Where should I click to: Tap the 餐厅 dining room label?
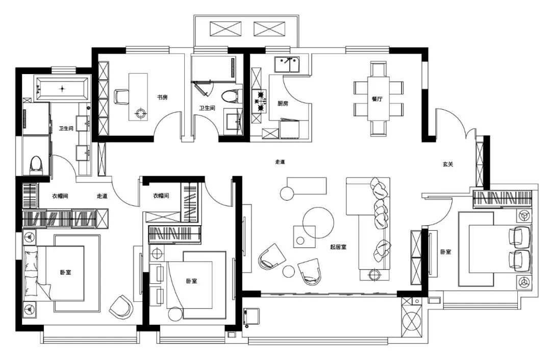(377, 100)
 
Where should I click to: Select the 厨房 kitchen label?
(283, 103)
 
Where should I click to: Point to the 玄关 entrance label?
(448, 164)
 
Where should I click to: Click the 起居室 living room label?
(338, 247)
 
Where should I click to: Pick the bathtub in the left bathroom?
(62, 88)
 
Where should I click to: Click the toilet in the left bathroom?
(36, 163)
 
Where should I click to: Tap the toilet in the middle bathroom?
(231, 95)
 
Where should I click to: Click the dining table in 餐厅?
(378, 98)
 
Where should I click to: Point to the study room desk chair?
(121, 96)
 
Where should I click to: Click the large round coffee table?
(318, 223)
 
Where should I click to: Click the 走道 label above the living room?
(280, 162)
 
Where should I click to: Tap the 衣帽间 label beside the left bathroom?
(60, 196)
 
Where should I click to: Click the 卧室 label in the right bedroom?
(445, 252)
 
